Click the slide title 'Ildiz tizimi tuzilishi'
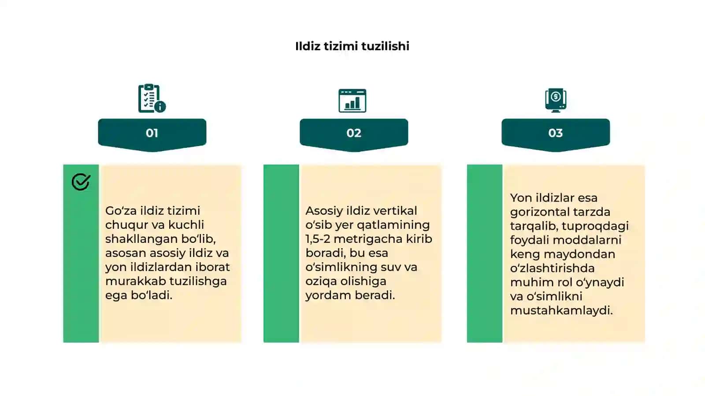pyautogui.click(x=352, y=46)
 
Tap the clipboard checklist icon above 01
pyautogui.click(x=152, y=98)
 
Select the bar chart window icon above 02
pyautogui.click(x=352, y=101)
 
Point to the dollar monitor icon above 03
pyautogui.click(x=556, y=100)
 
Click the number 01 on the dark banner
pyautogui.click(x=152, y=133)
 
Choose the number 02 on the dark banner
pyautogui.click(x=354, y=133)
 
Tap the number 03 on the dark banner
pyautogui.click(x=556, y=133)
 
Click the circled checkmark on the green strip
pyautogui.click(x=81, y=182)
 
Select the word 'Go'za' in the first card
pyautogui.click(x=121, y=211)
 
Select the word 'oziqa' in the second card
pyautogui.click(x=321, y=282)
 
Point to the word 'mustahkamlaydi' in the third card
pyautogui.click(x=561, y=311)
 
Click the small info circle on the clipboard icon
pyautogui.click(x=160, y=107)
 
